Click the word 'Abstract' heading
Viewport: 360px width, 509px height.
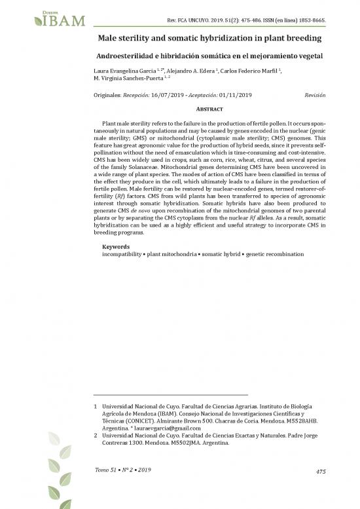point(210,109)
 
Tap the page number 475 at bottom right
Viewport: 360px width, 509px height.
point(320,472)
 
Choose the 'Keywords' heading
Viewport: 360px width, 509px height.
point(117,247)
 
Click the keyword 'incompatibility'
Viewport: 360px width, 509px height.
point(126,254)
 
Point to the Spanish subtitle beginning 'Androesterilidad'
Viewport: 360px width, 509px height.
point(209,56)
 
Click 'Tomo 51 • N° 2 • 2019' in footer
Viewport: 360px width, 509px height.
point(122,472)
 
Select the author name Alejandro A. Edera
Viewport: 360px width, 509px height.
point(191,69)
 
